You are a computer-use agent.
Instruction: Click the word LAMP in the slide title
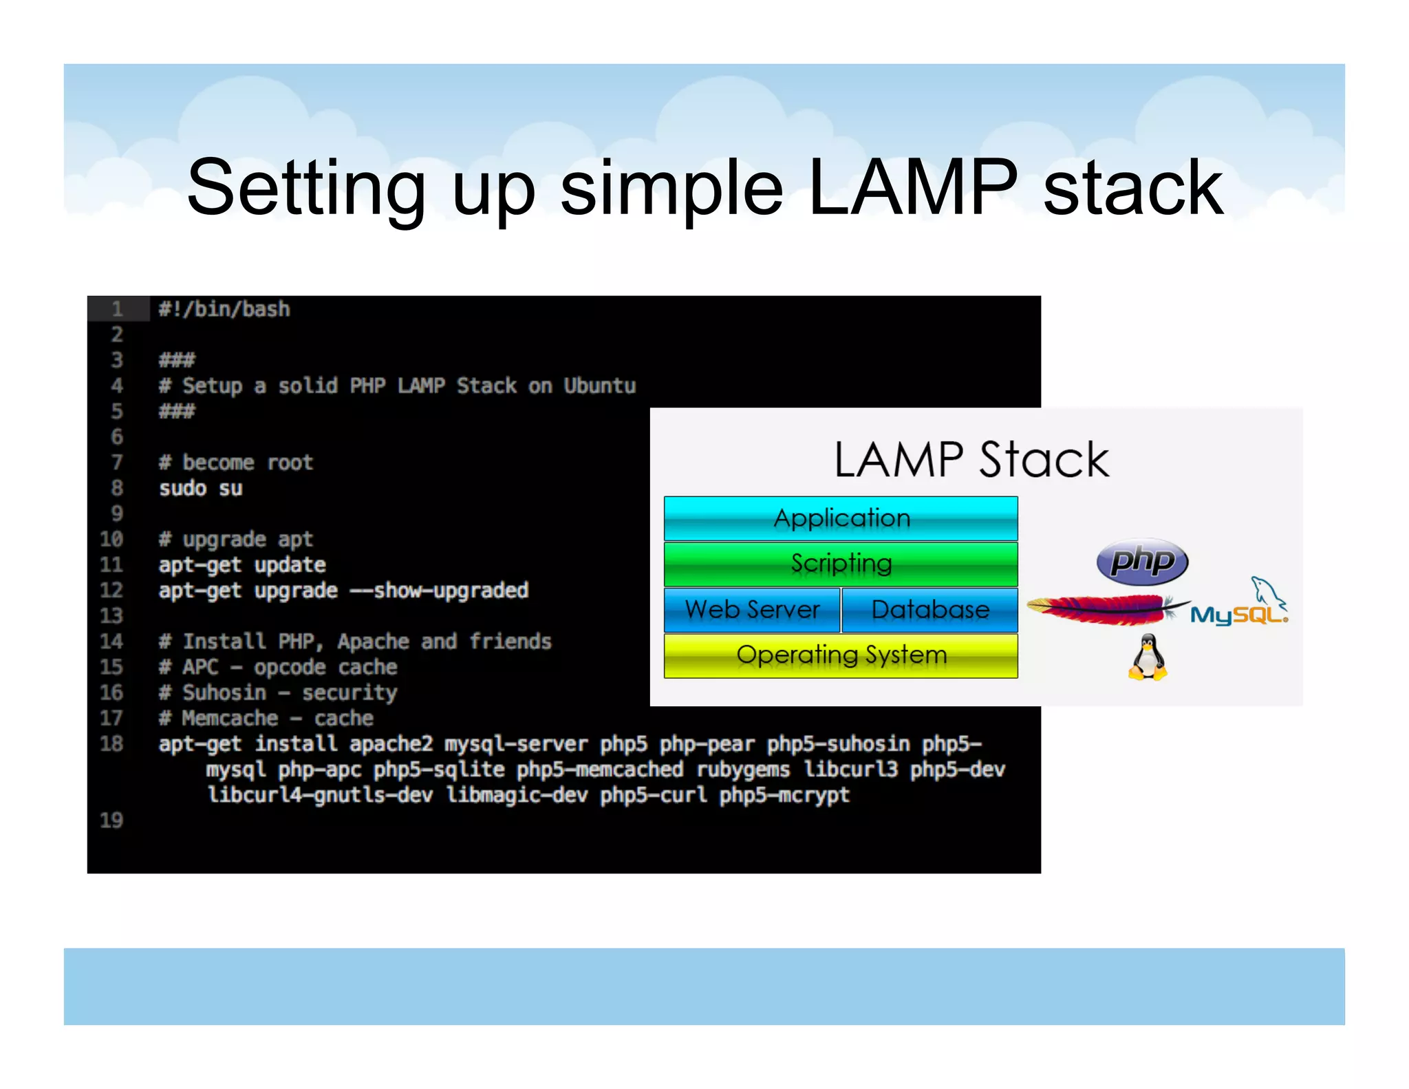tap(912, 188)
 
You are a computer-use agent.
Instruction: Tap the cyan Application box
tap(841, 518)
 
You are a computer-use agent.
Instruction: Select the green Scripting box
tap(841, 564)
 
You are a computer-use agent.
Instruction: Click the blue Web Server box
tap(752, 610)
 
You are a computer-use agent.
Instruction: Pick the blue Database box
tap(929, 610)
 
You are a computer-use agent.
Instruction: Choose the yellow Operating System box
tap(841, 655)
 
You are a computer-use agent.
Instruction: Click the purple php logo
tap(1142, 561)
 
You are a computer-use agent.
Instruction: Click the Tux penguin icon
tap(1148, 658)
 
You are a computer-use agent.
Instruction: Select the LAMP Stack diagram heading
tap(971, 460)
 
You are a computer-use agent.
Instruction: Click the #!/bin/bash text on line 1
tap(224, 309)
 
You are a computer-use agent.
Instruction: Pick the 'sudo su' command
tap(200, 488)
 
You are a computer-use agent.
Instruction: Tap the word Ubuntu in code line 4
tap(599, 385)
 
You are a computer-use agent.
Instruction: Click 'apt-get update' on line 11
tap(242, 565)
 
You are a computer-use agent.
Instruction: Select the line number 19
tap(111, 820)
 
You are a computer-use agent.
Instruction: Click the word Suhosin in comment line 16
tap(224, 692)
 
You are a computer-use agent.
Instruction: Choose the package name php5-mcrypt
tap(784, 795)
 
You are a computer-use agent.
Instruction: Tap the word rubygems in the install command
tap(743, 770)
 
